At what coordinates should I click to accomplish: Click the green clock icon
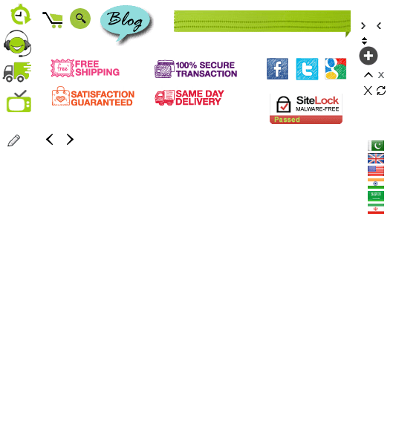point(21,14)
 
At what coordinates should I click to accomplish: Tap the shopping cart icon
point(53,20)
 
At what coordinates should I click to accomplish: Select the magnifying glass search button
point(80,19)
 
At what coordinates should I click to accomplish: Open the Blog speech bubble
point(126,23)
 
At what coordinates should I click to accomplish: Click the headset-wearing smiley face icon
point(17,43)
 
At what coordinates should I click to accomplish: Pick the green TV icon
point(19,101)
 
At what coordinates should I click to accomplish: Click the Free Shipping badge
point(85,68)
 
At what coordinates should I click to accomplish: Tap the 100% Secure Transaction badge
point(196,69)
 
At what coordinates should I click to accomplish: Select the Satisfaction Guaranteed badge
point(93,97)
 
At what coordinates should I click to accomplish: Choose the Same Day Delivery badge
point(189,97)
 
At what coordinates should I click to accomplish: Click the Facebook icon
point(277,68)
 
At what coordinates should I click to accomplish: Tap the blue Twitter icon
point(307,68)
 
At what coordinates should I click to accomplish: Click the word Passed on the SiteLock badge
point(287,120)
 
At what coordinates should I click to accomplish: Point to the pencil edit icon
point(13,140)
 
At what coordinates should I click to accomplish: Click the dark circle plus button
point(368,56)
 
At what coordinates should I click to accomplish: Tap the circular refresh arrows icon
point(381,91)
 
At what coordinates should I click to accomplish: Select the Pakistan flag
point(376,146)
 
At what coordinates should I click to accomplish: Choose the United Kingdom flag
point(376,158)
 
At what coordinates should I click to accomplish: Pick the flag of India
point(376,184)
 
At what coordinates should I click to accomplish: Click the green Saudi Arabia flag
point(376,196)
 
